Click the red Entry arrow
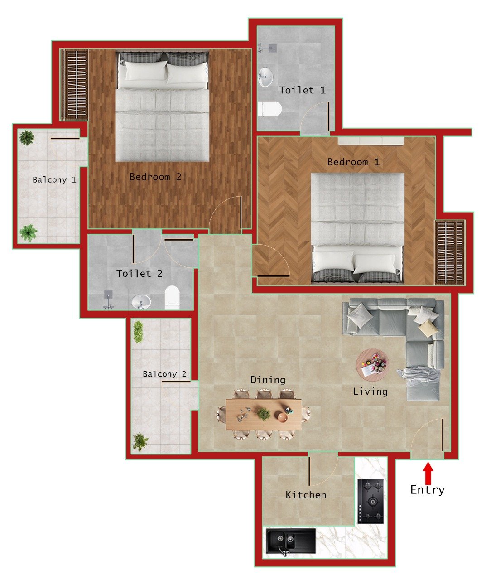tap(428, 473)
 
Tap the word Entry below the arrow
tap(427, 490)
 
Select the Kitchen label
tap(306, 495)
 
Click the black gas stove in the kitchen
tap(371, 501)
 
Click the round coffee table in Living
tap(372, 363)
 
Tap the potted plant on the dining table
tap(263, 413)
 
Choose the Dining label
tap(268, 380)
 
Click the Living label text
tap(370, 391)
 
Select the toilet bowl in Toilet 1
tap(269, 109)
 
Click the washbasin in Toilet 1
tap(265, 77)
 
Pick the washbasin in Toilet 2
tap(141, 301)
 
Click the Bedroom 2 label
tap(155, 177)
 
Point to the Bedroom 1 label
tap(353, 162)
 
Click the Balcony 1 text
tap(54, 180)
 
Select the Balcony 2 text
tap(164, 374)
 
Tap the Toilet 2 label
tap(139, 273)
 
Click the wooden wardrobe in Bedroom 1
tap(449, 252)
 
